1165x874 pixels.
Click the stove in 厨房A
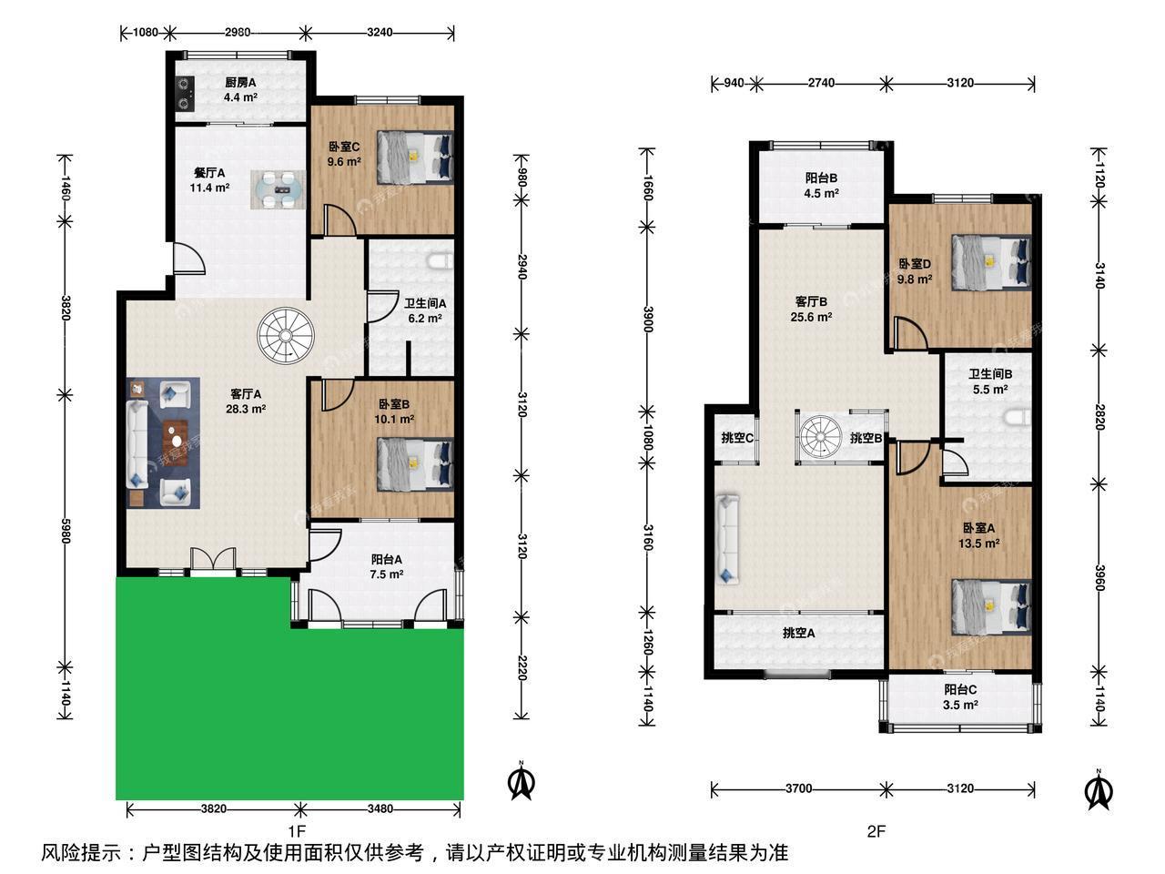tap(185, 94)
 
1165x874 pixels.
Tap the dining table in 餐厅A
tap(279, 189)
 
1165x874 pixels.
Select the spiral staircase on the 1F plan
tap(286, 336)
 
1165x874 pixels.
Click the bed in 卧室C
tap(415, 158)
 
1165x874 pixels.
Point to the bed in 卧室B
tap(415, 464)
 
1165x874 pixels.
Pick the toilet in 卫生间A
tap(441, 261)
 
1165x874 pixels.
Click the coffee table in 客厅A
tap(176, 442)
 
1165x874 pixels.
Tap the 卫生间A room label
tap(425, 303)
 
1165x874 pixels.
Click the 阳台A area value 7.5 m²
tap(387, 574)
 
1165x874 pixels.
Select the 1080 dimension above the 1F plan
tap(145, 33)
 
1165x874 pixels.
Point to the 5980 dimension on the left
tap(65, 531)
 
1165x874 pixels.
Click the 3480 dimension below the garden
tap(380, 808)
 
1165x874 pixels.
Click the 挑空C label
tap(737, 438)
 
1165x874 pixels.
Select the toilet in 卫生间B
tap(1018, 418)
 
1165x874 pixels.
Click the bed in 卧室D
tap(991, 263)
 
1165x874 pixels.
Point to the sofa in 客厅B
tap(727, 539)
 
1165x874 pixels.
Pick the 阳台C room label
tap(960, 689)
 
